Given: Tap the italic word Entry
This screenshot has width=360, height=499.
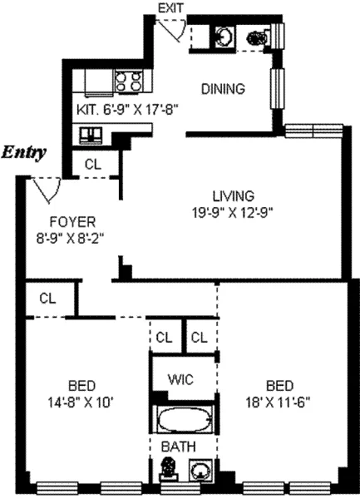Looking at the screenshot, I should pos(24,152).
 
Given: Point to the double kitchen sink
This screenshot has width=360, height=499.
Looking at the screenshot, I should pos(91,134).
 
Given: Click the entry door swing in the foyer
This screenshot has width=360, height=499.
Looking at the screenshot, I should pos(46,191).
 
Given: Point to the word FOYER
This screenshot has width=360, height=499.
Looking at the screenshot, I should pos(73,222).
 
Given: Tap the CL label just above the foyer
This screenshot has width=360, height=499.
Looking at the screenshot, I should pos(92,164).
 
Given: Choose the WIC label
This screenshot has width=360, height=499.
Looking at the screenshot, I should pos(182,380).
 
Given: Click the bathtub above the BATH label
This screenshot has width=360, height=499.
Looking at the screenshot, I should pos(182,418).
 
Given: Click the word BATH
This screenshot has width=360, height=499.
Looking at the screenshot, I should pos(180,447).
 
